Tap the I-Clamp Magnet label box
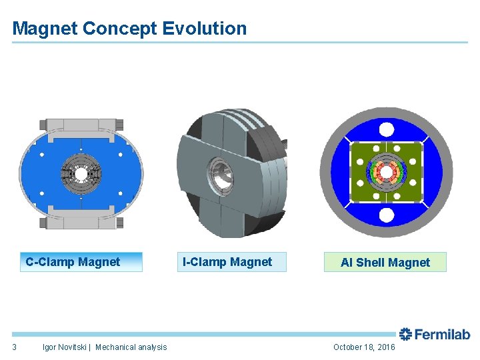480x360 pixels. click(x=227, y=262)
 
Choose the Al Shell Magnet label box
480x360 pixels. click(x=385, y=263)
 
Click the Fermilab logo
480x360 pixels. click(x=434, y=335)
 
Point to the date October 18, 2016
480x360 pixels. click(x=364, y=347)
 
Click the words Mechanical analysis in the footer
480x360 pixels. click(x=131, y=347)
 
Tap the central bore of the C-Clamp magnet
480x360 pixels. click(x=81, y=173)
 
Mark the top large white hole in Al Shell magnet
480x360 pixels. click(x=385, y=129)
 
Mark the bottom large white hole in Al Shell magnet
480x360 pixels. click(x=385, y=215)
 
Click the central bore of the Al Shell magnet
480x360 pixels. click(x=385, y=172)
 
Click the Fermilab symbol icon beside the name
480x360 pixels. click(x=405, y=335)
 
